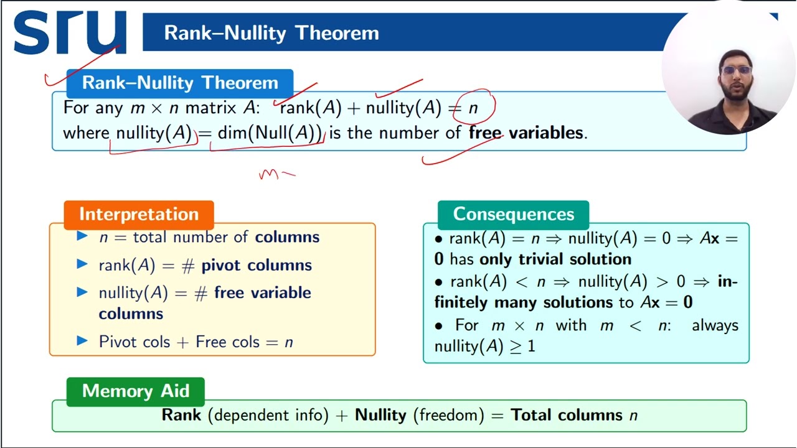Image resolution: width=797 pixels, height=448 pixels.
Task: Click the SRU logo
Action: (70, 32)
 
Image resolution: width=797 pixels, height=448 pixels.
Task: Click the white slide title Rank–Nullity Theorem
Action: (271, 33)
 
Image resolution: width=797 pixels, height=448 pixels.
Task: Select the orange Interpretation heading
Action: (138, 214)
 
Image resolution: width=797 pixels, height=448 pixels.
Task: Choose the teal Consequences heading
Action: (513, 214)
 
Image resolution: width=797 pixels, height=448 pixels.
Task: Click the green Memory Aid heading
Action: (135, 391)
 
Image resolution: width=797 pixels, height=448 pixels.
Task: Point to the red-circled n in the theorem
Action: (473, 108)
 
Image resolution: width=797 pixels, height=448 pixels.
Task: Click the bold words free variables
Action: (526, 133)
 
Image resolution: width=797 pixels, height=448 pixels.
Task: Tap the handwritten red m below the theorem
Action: (269, 175)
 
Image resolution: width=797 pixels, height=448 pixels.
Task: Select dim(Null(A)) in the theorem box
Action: (270, 133)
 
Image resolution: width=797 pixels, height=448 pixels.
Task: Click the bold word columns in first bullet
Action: (287, 237)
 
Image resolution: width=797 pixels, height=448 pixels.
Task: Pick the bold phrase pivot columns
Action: (257, 265)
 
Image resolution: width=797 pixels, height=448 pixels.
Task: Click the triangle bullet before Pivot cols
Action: (82, 340)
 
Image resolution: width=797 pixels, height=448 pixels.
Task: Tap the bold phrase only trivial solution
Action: (555, 259)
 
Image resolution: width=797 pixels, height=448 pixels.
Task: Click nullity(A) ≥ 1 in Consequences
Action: (484, 346)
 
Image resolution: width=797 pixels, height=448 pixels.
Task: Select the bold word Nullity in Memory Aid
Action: (380, 415)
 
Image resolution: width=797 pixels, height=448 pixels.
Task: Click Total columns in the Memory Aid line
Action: (567, 415)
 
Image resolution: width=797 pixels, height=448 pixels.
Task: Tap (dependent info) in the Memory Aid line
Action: (268, 415)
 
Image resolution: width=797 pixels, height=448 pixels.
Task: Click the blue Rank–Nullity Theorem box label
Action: (180, 83)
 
